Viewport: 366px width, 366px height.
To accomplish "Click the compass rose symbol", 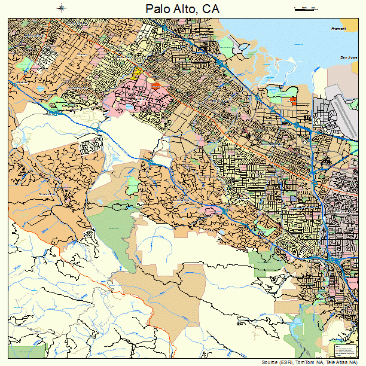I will pos(62,8).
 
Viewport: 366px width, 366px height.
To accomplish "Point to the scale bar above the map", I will pos(305,8).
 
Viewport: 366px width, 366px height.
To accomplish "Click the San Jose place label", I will pos(347,57).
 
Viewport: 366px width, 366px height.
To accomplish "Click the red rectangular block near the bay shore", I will pos(292,100).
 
